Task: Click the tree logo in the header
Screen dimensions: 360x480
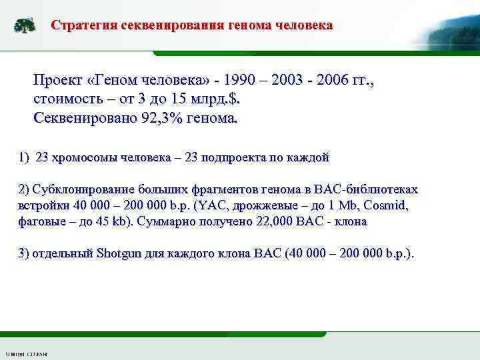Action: pyautogui.click(x=25, y=26)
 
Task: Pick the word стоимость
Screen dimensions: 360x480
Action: pyautogui.click(x=69, y=100)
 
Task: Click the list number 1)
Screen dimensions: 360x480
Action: pyautogui.click(x=24, y=158)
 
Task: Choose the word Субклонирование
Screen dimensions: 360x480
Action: pyautogui.click(x=79, y=189)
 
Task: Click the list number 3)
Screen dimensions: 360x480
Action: pyautogui.click(x=24, y=253)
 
